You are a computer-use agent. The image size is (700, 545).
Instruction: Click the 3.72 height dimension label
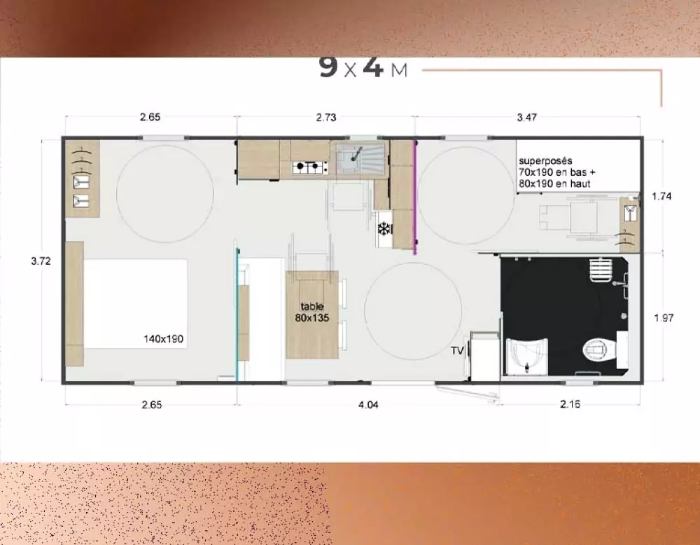[x=41, y=261]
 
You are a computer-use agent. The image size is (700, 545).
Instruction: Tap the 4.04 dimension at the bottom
[x=368, y=405]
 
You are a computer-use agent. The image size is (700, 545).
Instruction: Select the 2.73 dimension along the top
[x=326, y=118]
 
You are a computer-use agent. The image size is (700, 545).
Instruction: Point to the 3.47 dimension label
[x=527, y=118]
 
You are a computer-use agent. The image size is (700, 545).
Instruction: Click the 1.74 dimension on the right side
[x=661, y=196]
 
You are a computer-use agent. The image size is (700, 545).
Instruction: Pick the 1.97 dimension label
[x=664, y=318]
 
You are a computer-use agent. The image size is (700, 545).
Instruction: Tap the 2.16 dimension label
[x=570, y=404]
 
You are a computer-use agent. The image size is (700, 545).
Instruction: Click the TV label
[x=457, y=351]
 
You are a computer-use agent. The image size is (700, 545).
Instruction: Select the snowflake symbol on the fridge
[x=384, y=229]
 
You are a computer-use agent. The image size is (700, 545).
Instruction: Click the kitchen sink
[x=360, y=160]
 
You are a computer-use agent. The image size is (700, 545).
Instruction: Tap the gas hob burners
[x=310, y=167]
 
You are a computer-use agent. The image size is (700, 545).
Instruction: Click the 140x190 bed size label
[x=163, y=339]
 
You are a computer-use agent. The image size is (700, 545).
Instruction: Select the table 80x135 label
[x=312, y=312]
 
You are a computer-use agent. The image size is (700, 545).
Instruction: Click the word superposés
[x=545, y=161]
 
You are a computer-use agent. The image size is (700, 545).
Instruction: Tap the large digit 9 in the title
[x=328, y=67]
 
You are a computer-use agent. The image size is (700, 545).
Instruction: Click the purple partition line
[x=415, y=197]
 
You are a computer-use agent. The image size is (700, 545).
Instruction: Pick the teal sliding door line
[x=237, y=315]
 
